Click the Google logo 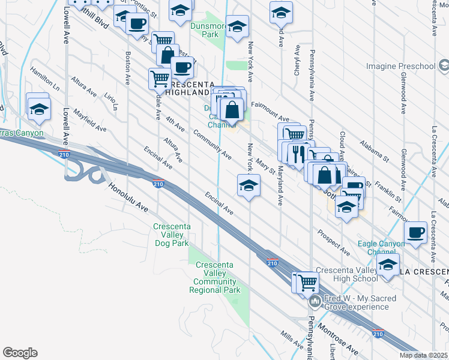point(20,353)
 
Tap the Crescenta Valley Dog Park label point(172,235)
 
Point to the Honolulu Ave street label point(128,197)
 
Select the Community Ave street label point(212,144)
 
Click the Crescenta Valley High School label point(346,274)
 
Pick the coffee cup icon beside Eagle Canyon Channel point(415,232)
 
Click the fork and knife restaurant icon point(298,153)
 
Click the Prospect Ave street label point(334,241)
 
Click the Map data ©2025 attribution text point(424,355)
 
